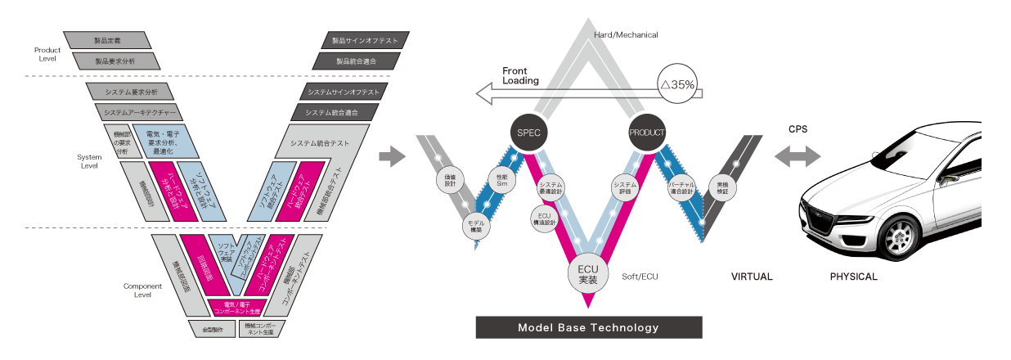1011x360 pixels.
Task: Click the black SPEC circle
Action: pos(528,133)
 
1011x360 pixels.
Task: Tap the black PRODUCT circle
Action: pos(649,133)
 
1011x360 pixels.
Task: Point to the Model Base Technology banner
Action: pos(588,327)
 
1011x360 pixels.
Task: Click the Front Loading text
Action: pos(521,75)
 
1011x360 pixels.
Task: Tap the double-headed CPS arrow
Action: pos(798,155)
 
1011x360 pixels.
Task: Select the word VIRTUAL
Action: pos(752,277)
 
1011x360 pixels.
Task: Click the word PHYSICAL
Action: pos(853,277)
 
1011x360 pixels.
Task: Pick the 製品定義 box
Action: pos(108,39)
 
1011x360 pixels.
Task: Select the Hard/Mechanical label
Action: pos(626,35)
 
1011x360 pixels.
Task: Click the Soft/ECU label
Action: pos(640,277)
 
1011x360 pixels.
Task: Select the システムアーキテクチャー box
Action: pos(138,111)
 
